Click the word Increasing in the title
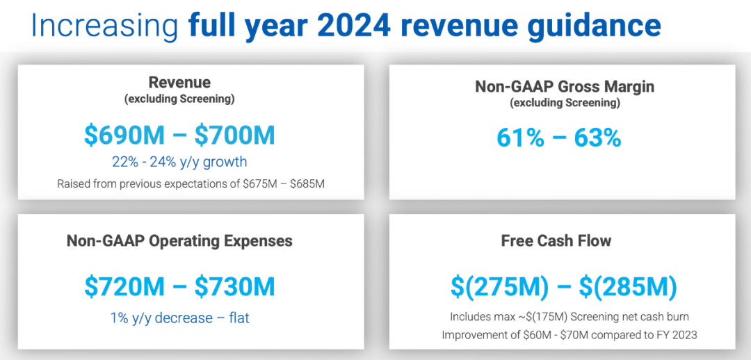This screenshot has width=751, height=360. point(104,27)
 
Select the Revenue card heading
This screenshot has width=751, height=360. point(179,82)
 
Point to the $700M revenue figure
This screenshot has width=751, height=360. point(234,136)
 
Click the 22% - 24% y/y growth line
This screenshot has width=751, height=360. point(179,163)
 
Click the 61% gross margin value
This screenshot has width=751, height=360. point(520,138)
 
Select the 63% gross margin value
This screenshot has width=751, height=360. point(597,138)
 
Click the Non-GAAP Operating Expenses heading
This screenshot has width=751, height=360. point(179,240)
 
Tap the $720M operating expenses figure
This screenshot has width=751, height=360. point(126,287)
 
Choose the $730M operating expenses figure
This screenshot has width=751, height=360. point(234,287)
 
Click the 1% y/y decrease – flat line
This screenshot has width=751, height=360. point(179,318)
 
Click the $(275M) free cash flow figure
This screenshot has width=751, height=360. point(499,287)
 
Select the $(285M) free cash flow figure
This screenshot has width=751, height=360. point(629,287)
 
